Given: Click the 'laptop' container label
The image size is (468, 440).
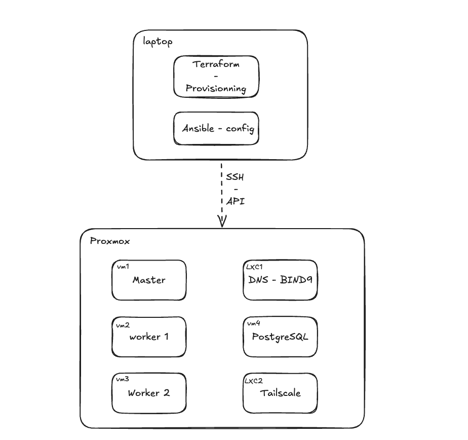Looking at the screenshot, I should coord(158,42).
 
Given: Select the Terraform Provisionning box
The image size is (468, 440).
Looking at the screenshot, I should coord(216,76).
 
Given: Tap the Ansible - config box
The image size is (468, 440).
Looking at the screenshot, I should coord(216,128).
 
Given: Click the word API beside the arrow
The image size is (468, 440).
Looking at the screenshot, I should coord(236,201).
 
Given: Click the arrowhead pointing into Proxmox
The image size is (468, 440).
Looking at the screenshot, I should coord(221,221).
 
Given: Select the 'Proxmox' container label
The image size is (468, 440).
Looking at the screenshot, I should coord(110,241).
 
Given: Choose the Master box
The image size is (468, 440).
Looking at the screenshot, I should coord(149,280).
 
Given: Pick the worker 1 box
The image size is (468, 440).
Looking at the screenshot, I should coord(149,337).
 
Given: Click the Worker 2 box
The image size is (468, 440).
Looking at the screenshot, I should coord(149,393).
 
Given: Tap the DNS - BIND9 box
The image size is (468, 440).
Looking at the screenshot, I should coord(280,280).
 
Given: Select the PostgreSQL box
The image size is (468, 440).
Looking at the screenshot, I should coord(280,337).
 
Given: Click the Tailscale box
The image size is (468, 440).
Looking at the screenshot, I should coord(280,393).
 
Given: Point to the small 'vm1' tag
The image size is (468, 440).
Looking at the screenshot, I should coord(123,267).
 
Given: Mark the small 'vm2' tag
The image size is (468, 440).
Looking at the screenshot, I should coord(123,324).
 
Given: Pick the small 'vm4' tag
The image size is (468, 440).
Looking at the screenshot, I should coord(254,323).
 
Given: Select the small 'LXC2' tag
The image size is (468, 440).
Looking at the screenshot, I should coord(255,380).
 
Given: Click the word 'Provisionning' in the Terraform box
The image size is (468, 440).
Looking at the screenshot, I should coord(216,88).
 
